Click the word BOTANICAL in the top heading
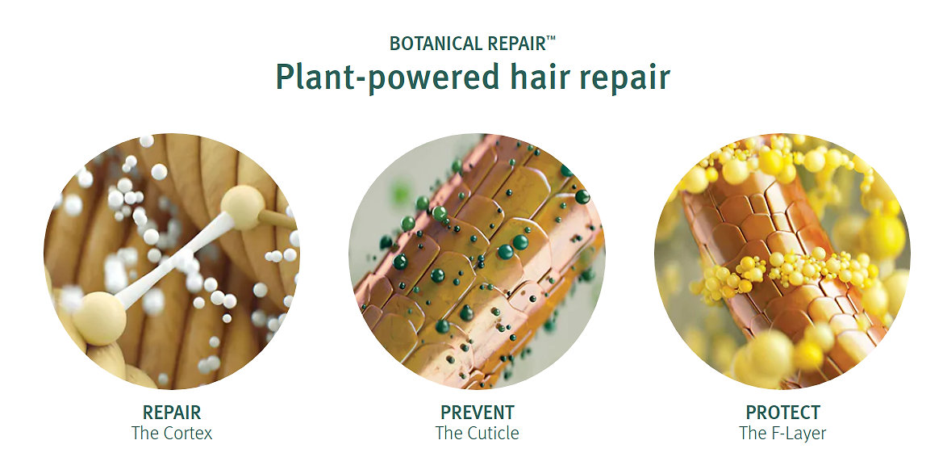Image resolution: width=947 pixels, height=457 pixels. tap(436, 44)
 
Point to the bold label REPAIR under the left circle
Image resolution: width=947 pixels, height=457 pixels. tap(172, 413)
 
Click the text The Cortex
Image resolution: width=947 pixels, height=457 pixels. tap(172, 433)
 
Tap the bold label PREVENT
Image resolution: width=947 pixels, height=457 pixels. tap(477, 413)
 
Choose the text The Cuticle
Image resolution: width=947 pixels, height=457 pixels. tap(477, 433)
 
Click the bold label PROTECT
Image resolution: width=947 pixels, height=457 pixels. tap(782, 413)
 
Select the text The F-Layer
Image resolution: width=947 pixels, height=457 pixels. tap(782, 433)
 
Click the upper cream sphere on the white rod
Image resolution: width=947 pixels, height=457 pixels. tap(242, 208)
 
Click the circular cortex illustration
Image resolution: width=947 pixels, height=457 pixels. tap(172, 261)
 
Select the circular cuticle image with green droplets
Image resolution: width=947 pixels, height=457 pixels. tap(477, 261)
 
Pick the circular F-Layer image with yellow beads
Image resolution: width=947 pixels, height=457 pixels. tap(782, 261)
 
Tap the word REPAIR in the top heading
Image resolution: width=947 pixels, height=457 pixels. tap(515, 44)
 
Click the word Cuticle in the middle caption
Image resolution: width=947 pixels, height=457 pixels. tap(494, 433)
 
